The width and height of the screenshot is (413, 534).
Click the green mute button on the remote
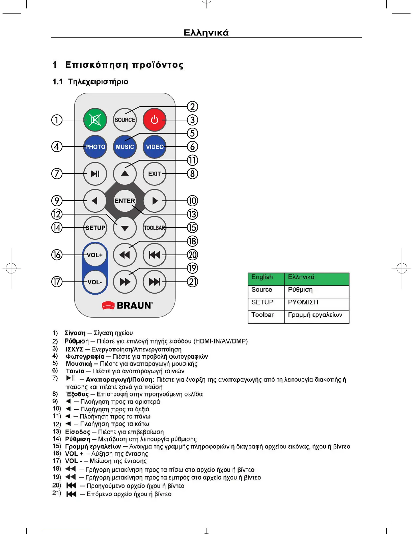(x=95, y=120)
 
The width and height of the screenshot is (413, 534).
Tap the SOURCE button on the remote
(x=125, y=120)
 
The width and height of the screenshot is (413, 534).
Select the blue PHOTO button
(x=95, y=147)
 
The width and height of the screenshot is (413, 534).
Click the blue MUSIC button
(x=125, y=147)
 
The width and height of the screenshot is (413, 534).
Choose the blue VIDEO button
(x=155, y=147)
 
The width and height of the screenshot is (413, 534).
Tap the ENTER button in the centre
(x=125, y=201)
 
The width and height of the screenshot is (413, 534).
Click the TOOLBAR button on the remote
(x=155, y=228)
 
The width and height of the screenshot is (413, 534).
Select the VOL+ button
(x=95, y=255)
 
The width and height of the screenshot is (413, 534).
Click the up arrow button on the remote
(x=125, y=174)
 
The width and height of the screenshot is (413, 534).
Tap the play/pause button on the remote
(x=95, y=174)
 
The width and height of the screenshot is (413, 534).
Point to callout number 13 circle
(x=192, y=214)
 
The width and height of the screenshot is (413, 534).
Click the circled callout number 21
(x=192, y=281)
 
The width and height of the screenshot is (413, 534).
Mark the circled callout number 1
(x=57, y=120)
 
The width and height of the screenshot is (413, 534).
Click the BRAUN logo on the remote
(x=127, y=305)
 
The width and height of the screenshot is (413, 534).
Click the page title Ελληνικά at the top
(x=206, y=33)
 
